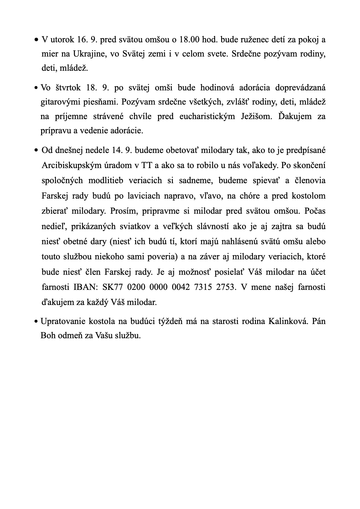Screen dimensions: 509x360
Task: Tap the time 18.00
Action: [190, 40]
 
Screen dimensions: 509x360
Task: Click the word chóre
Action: [250, 196]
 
